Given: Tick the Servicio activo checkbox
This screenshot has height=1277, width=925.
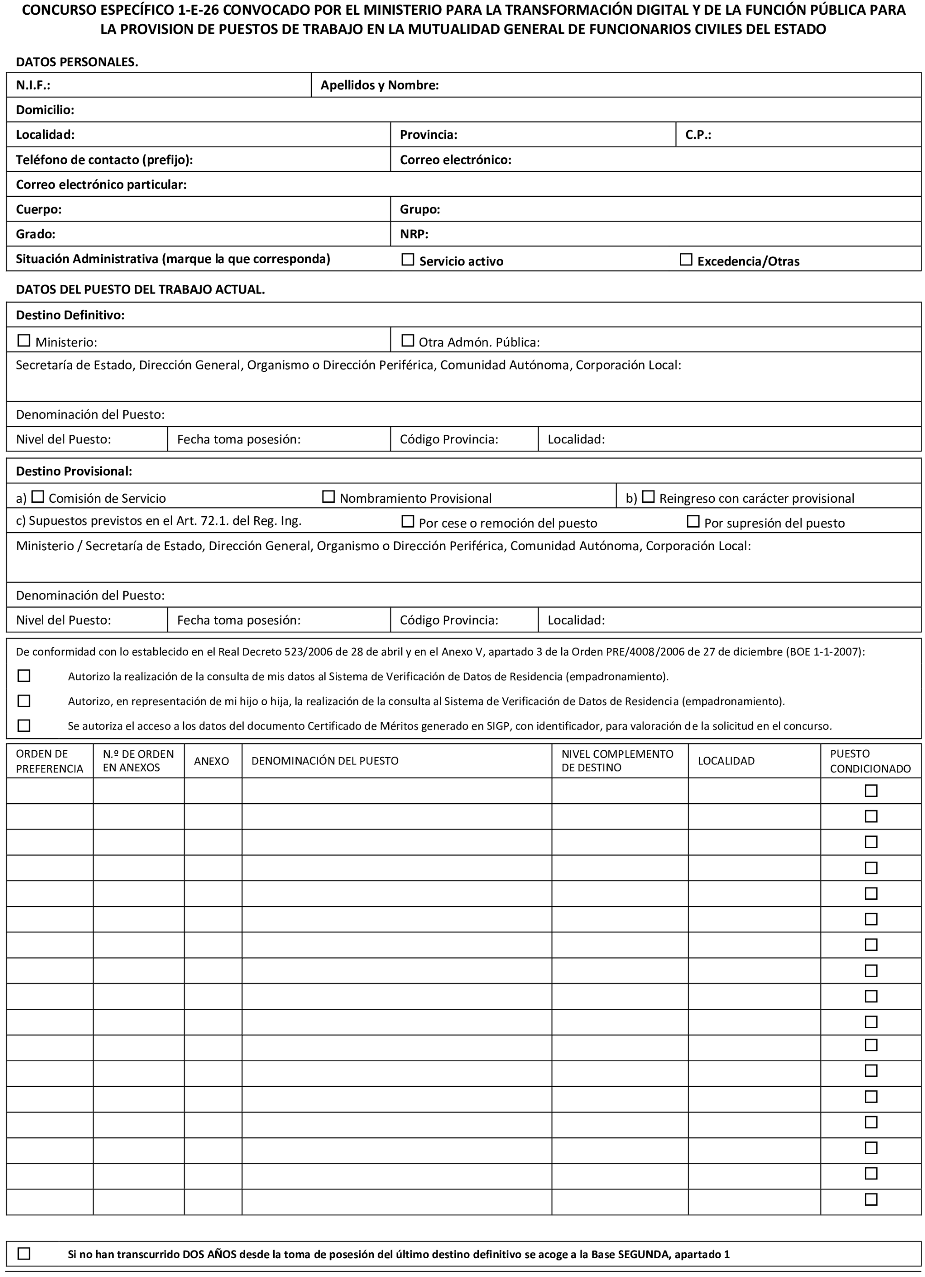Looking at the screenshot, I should coord(408,259).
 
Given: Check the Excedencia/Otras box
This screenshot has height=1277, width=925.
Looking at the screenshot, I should coord(686,259).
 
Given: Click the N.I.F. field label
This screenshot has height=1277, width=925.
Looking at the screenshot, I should coord(33,85).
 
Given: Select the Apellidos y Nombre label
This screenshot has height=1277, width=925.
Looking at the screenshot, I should coord(379,85).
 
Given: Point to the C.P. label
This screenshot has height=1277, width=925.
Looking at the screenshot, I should coord(698,135).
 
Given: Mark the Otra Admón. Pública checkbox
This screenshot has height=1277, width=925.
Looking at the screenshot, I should coord(408,341).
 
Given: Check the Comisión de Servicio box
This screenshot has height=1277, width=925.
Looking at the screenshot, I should coord(38,497).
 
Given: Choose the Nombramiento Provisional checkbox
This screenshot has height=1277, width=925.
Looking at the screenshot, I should coord(328,497).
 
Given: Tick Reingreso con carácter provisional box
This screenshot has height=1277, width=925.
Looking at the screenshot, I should coord(649,497).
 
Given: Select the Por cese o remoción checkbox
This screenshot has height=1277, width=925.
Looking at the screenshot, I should coord(408,521).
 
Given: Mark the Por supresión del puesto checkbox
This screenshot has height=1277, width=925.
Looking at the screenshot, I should coord(693,521).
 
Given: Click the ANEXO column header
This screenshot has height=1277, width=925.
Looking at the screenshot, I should coord(211,761).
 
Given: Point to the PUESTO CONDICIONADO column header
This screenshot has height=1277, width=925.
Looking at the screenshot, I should coord(870,761).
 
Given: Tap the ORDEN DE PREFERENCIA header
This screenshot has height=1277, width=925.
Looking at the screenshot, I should coord(50,761).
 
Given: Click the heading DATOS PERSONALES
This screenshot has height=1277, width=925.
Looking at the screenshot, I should coord(77,62).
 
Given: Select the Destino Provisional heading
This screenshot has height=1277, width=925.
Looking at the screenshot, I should coord(74,471).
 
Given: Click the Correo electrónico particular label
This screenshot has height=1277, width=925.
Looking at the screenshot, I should coord(101,184).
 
